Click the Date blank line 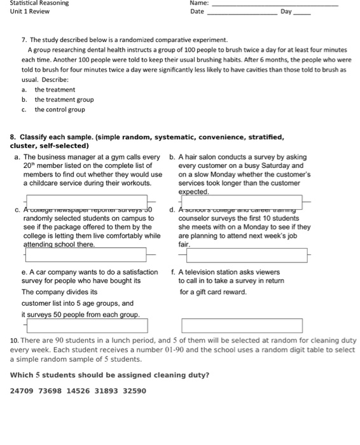click(242, 13)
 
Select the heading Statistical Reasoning click(39, 3)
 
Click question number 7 click(24, 39)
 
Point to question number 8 click(13, 137)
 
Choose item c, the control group click(59, 109)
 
